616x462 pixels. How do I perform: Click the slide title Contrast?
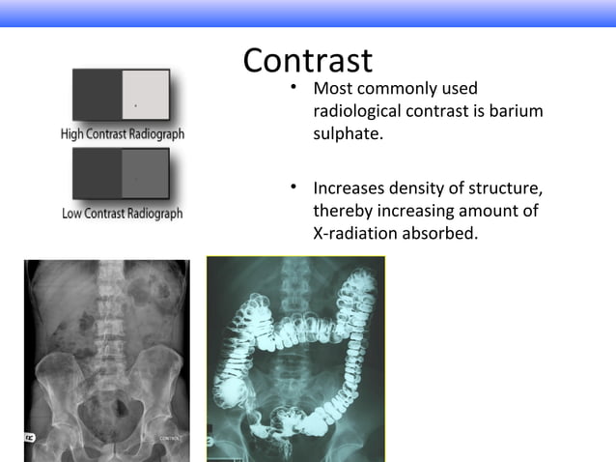[307, 61]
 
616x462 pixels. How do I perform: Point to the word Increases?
[350, 187]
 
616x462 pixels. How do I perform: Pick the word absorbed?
[445, 232]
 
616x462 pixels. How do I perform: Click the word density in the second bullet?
[421, 187]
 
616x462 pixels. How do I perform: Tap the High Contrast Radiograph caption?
[122, 134]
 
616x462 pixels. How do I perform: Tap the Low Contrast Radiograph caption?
[122, 214]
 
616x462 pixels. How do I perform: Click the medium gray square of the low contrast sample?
[146, 175]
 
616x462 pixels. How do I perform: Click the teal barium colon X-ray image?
[295, 359]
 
